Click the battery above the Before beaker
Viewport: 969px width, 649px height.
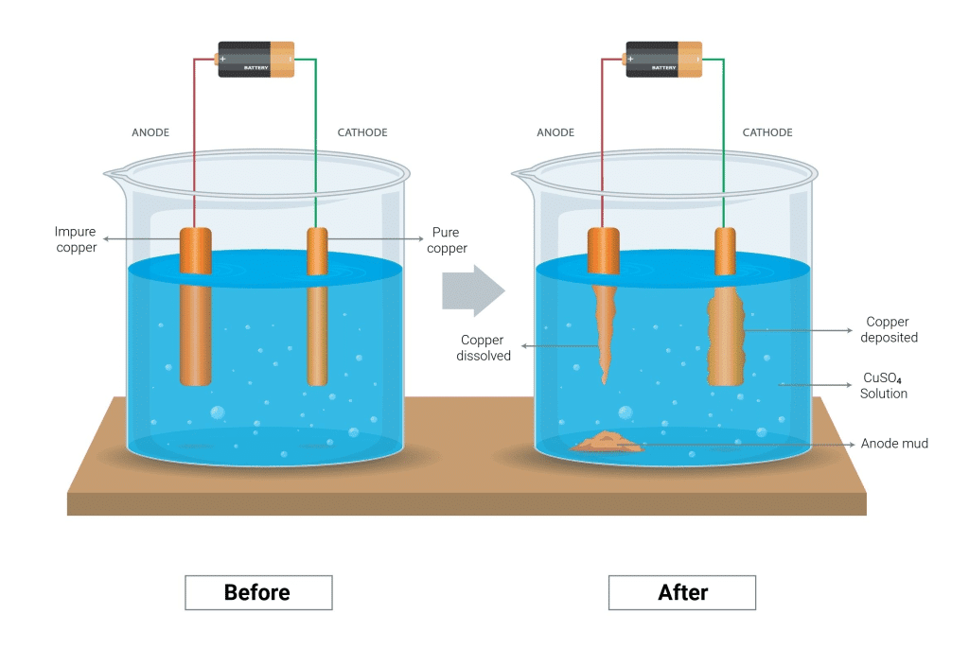click(256, 59)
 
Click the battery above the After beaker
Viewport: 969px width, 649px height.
click(664, 59)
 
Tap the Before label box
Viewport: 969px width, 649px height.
click(257, 593)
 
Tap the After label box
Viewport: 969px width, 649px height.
click(682, 593)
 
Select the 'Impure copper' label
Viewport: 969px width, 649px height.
click(76, 240)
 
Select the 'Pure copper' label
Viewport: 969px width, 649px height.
click(449, 240)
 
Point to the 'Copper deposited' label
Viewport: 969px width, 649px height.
click(892, 329)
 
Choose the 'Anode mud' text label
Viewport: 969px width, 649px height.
click(894, 443)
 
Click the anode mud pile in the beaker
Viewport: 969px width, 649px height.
click(606, 442)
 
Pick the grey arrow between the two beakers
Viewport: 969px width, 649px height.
click(473, 290)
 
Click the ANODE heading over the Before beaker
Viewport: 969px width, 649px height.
click(150, 132)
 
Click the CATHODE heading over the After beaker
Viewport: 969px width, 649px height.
click(767, 132)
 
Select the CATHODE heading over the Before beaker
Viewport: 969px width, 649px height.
click(362, 132)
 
